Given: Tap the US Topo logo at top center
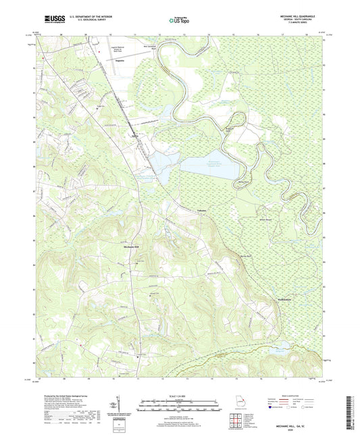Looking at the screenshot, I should pyautogui.click(x=171, y=21).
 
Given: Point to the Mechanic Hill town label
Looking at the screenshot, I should pyautogui.click(x=132, y=247).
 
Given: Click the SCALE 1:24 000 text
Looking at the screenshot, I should pyautogui.click(x=180, y=395).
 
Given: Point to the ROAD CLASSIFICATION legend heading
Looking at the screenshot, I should pyautogui.click(x=290, y=395).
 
